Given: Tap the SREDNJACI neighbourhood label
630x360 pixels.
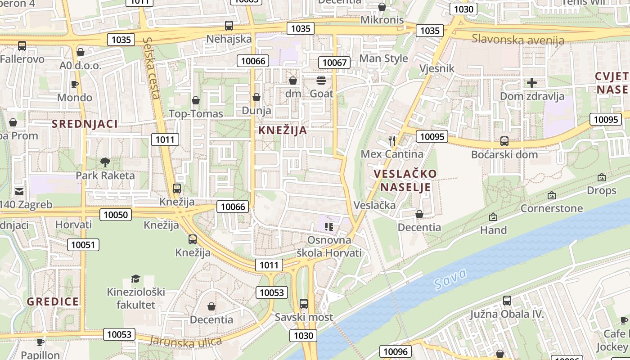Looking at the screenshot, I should click(x=85, y=124).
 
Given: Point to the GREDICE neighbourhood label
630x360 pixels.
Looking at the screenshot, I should click(x=53, y=301).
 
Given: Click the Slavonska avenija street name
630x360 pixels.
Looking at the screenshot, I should click(x=517, y=39).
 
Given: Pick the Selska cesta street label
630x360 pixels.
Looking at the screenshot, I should click(x=151, y=67).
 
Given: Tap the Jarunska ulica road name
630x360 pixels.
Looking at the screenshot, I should click(x=185, y=342).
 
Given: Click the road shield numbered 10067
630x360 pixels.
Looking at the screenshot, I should click(x=334, y=63).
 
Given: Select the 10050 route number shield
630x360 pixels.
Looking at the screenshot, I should click(x=116, y=215).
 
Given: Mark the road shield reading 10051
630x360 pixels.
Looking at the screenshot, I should click(x=83, y=245).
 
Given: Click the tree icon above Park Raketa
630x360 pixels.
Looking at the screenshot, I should click(x=105, y=162).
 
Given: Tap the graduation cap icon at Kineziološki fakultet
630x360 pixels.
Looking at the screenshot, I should click(x=135, y=279).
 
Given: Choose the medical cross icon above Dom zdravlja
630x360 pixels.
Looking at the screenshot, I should click(x=532, y=83).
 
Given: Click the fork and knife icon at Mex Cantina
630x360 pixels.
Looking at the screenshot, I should click(x=391, y=141).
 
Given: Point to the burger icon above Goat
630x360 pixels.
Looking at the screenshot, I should click(x=321, y=81).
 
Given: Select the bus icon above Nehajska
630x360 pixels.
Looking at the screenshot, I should click(x=229, y=26).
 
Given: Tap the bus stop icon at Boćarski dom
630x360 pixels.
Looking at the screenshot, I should click(x=504, y=141).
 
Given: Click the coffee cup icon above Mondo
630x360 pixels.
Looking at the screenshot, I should click(x=75, y=84).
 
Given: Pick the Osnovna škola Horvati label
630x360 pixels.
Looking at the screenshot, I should click(x=329, y=246).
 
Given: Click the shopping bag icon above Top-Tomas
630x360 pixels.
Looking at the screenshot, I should click(x=196, y=100).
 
